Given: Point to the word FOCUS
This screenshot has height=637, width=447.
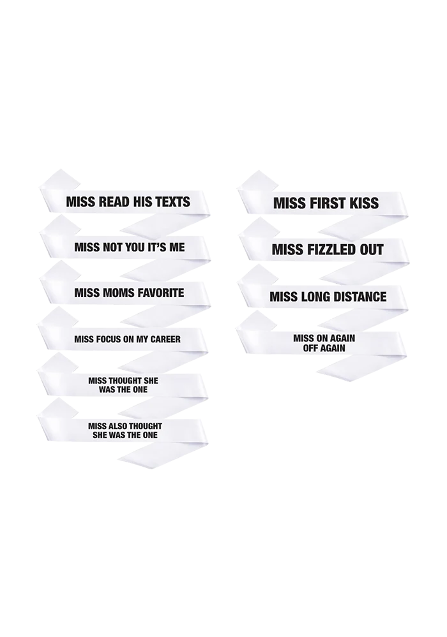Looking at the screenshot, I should (107, 339).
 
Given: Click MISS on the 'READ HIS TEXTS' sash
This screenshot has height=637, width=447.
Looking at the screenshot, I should (80, 202).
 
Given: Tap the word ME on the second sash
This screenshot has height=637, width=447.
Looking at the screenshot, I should (176, 247).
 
